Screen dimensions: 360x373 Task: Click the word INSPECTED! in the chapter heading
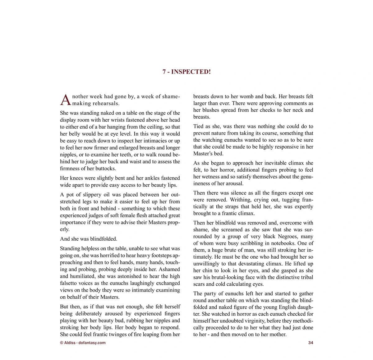191,72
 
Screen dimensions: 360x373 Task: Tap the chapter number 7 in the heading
164,72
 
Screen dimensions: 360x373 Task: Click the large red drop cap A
65,99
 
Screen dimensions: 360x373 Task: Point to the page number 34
311,343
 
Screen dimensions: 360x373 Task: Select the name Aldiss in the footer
69,343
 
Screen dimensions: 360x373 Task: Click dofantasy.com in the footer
92,343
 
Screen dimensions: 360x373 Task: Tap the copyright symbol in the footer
62,343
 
